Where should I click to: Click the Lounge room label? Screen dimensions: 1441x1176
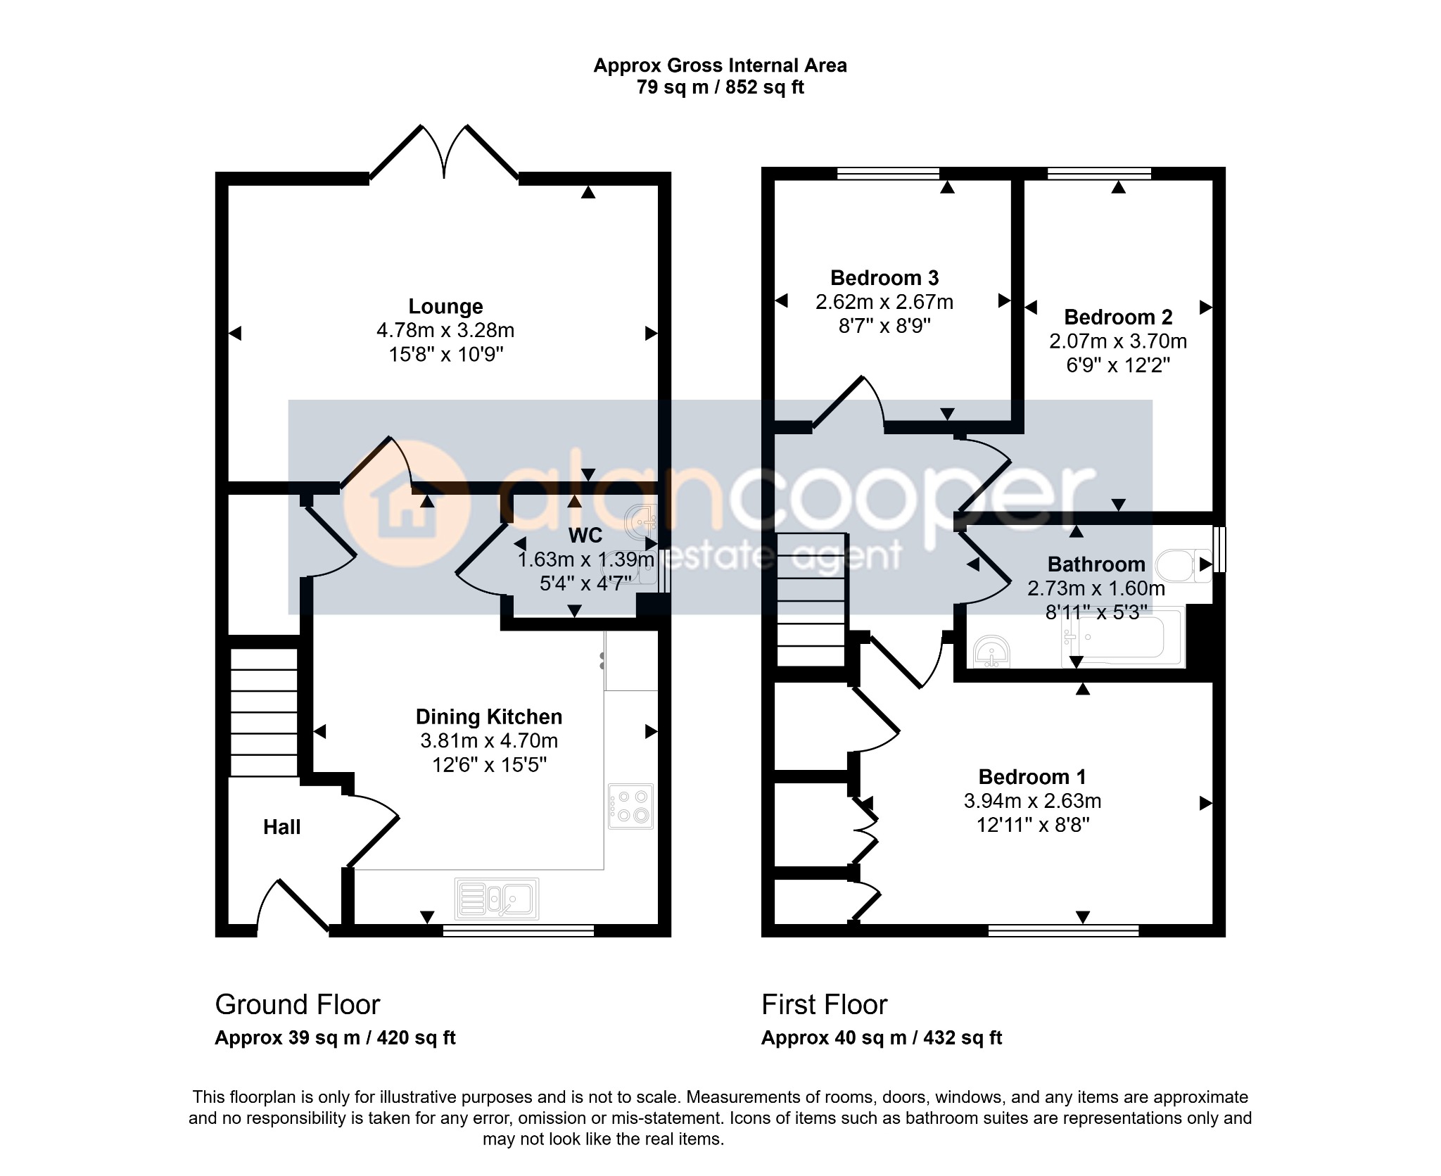[445, 306]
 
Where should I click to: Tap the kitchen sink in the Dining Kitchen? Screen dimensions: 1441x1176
[497, 899]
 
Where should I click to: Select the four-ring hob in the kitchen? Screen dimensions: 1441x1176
[631, 806]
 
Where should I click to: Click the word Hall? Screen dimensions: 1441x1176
[281, 827]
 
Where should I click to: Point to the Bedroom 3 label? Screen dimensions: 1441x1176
[884, 278]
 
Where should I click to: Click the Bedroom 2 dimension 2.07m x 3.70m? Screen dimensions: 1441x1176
[1118, 341]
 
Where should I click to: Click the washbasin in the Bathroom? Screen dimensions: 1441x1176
[992, 651]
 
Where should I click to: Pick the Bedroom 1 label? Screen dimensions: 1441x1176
[1032, 777]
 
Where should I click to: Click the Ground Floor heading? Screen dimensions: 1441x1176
[298, 1005]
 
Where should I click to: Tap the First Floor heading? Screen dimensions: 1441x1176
[824, 1005]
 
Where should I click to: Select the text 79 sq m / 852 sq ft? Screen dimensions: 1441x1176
[720, 87]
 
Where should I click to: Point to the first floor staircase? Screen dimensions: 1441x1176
[811, 600]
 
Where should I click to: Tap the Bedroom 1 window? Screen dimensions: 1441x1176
[1063, 930]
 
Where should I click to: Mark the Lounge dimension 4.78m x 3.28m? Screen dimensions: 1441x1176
[445, 330]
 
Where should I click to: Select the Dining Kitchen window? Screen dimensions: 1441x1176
[519, 930]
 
